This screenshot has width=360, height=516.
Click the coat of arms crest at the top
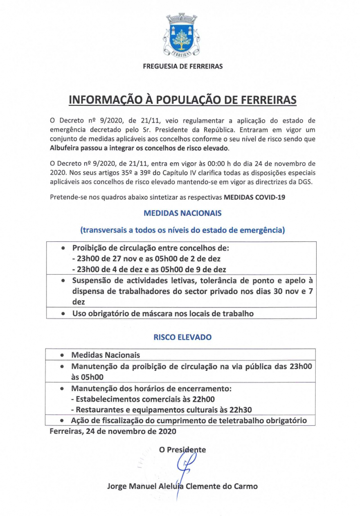(183, 35)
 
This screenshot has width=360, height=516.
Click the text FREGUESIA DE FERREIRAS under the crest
(183, 66)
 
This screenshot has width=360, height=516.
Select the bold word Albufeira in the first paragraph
(66, 148)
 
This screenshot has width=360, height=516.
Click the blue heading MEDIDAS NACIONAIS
(183, 213)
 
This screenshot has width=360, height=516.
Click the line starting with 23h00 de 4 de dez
(149, 269)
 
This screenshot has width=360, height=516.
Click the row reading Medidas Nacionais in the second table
(106, 355)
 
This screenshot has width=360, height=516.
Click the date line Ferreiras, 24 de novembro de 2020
(113, 431)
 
